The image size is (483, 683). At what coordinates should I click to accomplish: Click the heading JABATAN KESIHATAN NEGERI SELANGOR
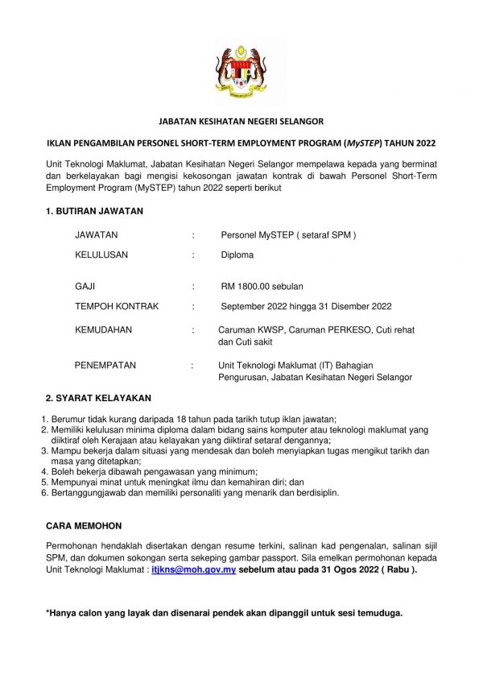(241, 122)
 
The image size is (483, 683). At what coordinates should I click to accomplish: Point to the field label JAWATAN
(96, 235)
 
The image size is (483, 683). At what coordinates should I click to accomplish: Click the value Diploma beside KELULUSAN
(237, 255)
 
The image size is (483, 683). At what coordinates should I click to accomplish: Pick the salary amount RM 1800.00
(250, 286)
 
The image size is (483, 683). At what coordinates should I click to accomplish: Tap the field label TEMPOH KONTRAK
(117, 306)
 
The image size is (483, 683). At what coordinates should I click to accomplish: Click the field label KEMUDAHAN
(103, 330)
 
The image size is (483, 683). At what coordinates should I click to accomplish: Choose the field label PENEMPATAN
(105, 365)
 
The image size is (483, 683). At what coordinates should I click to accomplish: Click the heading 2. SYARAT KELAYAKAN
(98, 398)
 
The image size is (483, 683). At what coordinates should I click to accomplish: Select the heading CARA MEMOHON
(84, 525)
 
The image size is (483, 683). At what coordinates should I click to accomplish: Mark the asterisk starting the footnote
(48, 612)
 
